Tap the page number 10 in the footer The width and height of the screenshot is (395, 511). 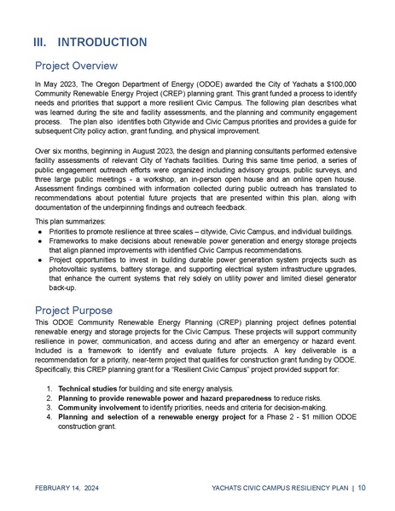(363, 488)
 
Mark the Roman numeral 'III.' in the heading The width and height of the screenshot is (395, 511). (44, 42)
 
